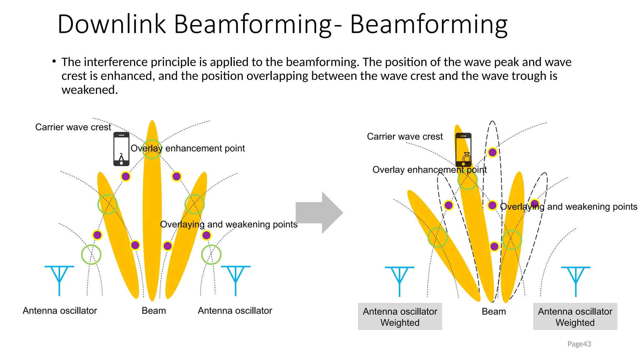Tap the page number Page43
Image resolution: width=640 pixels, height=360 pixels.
(x=579, y=344)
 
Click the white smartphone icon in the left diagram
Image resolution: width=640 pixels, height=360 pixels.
(x=121, y=149)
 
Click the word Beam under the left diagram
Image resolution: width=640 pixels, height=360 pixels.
(x=154, y=311)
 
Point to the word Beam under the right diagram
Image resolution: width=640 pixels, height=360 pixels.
(x=494, y=312)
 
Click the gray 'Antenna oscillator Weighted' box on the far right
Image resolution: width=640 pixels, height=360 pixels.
(x=575, y=317)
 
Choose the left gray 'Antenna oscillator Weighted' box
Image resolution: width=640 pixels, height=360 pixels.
(x=400, y=317)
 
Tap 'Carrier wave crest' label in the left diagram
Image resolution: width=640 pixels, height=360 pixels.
(x=73, y=127)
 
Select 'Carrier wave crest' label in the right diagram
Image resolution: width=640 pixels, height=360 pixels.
(x=405, y=137)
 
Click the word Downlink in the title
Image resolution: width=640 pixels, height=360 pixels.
(x=112, y=24)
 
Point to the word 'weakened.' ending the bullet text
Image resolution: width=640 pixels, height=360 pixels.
(x=90, y=90)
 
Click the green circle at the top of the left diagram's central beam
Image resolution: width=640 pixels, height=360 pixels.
(x=152, y=149)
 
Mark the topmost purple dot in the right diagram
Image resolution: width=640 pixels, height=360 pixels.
(x=492, y=152)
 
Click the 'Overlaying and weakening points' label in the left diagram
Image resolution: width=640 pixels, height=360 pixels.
(x=228, y=224)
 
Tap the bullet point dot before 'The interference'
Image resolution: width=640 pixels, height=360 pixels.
(x=54, y=61)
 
